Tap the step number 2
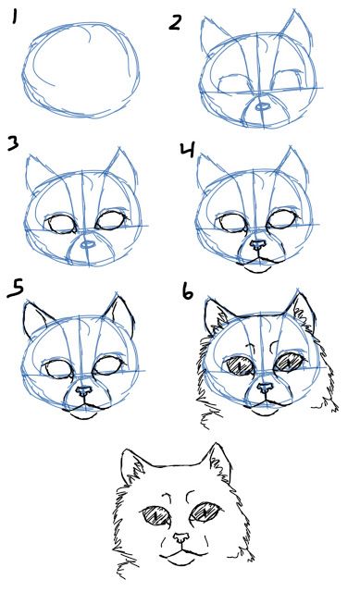[x=176, y=22]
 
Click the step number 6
[x=187, y=293]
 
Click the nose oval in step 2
[x=263, y=106]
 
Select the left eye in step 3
[x=63, y=224]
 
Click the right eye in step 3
[x=109, y=222]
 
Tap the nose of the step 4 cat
[x=258, y=246]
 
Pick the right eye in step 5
[x=110, y=366]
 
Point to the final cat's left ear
[x=134, y=467]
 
